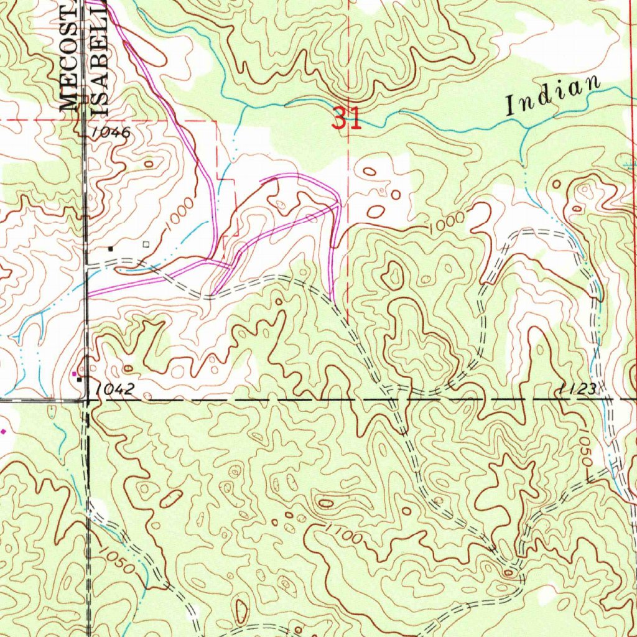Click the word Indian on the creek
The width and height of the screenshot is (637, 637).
(554, 95)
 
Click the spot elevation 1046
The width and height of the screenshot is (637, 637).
(109, 133)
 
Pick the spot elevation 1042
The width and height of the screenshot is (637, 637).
(116, 389)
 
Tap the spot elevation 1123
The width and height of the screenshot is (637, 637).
(578, 389)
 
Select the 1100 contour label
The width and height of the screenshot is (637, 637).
(342, 534)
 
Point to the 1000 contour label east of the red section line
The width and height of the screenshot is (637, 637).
(447, 223)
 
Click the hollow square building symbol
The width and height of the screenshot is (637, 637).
(146, 244)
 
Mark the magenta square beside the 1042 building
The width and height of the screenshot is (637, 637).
(75, 373)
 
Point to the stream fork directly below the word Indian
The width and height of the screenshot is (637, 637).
(526, 127)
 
